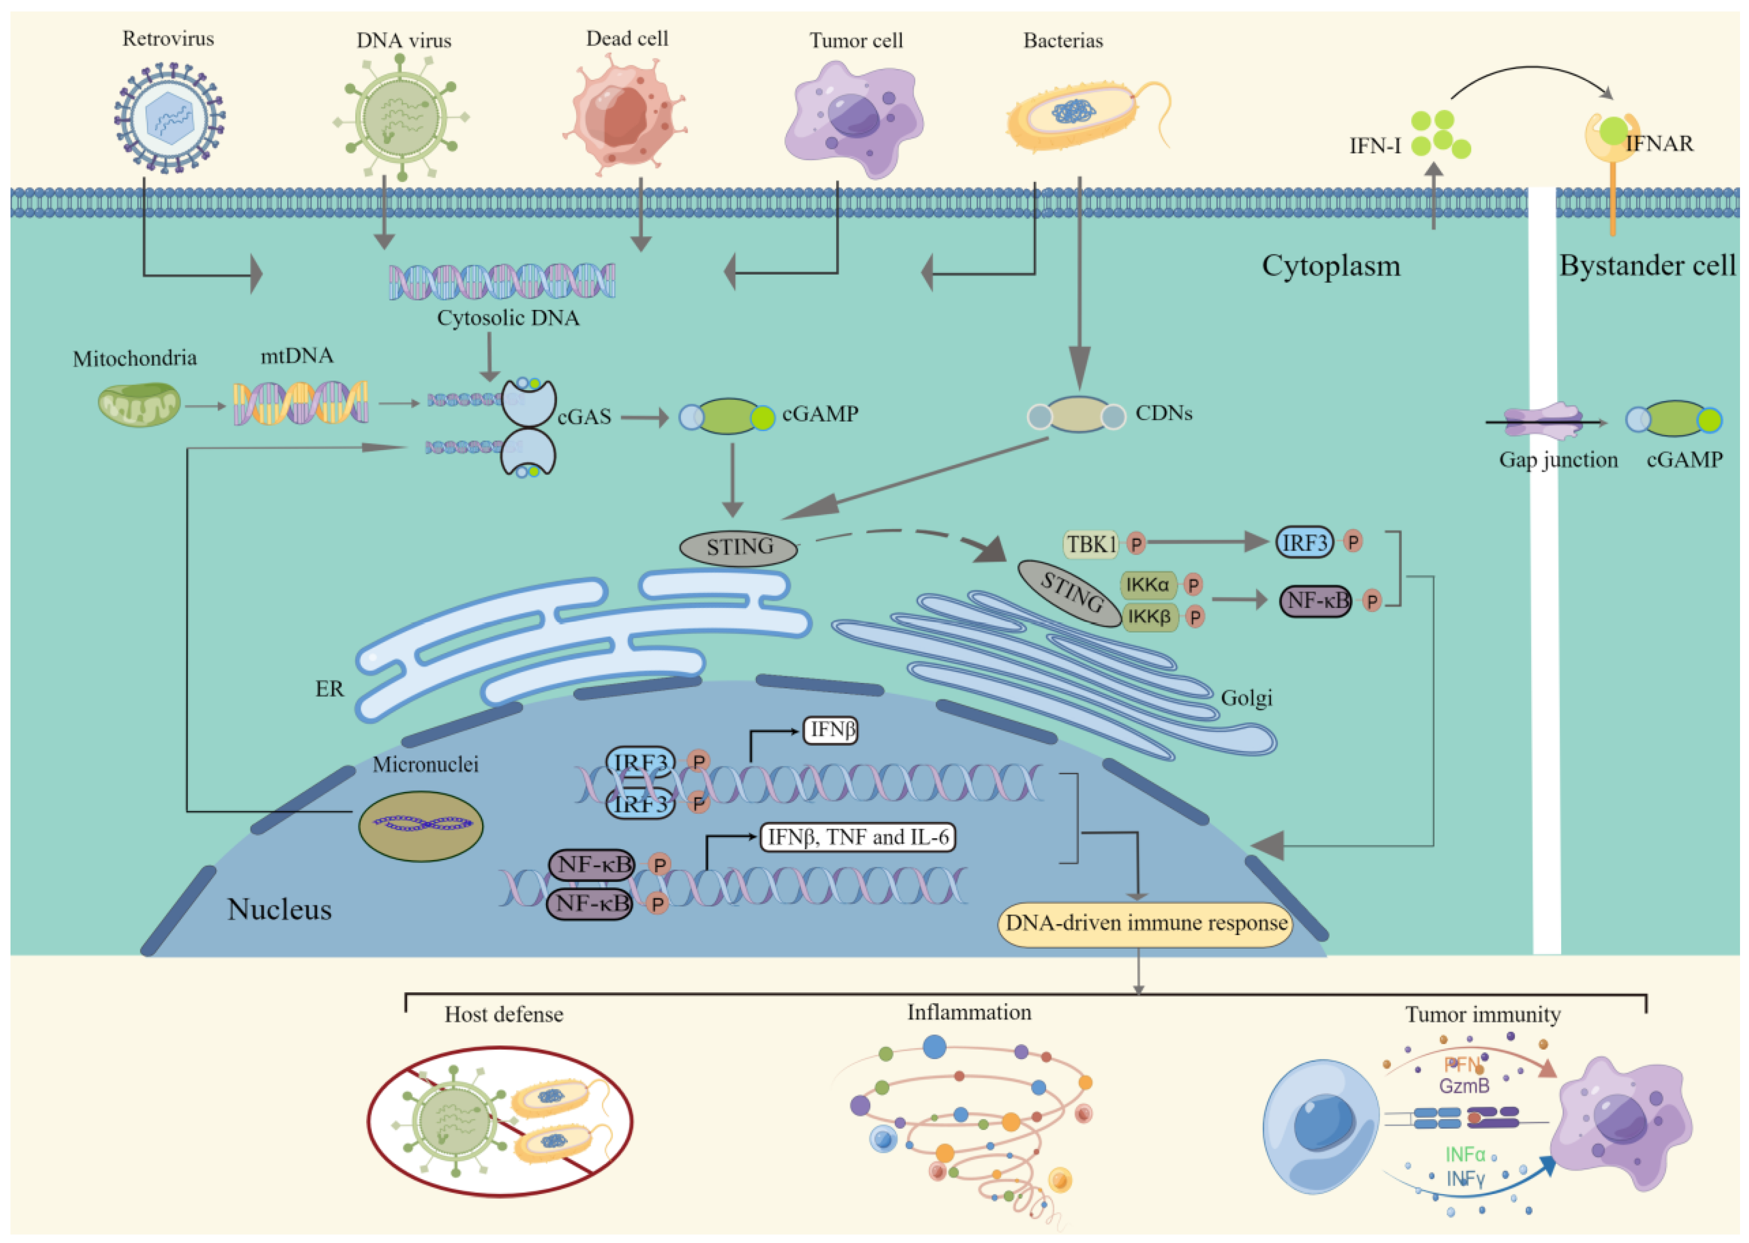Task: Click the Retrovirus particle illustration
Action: pos(169,117)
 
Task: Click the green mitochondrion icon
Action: pos(138,406)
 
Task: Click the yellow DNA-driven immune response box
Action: pos(1145,924)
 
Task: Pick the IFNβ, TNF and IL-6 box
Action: pos(857,837)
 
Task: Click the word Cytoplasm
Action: pos(1330,266)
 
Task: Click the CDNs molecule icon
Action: pos(1076,415)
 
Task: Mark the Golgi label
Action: pos(1245,698)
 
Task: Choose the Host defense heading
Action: pos(504,1015)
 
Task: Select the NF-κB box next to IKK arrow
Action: pos(1315,601)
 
